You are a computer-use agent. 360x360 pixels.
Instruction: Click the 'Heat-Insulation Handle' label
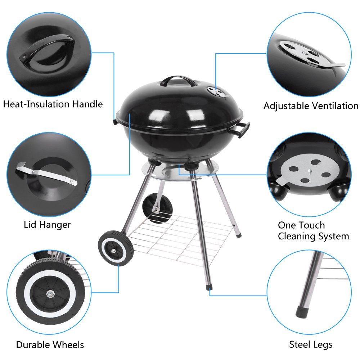tap(53, 104)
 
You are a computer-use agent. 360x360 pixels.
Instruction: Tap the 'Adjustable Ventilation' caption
tap(311, 106)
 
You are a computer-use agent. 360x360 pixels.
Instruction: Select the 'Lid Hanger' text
tap(47, 225)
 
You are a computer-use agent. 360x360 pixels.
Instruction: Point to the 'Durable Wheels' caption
tap(50, 345)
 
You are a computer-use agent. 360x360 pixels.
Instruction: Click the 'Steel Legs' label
tap(311, 345)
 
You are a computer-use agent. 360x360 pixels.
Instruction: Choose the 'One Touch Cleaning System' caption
tap(313, 231)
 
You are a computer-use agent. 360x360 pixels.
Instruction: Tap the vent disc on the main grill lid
tap(217, 92)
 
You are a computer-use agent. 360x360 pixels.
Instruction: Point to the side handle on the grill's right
tap(243, 129)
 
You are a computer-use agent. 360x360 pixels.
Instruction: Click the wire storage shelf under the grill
tap(180, 234)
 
